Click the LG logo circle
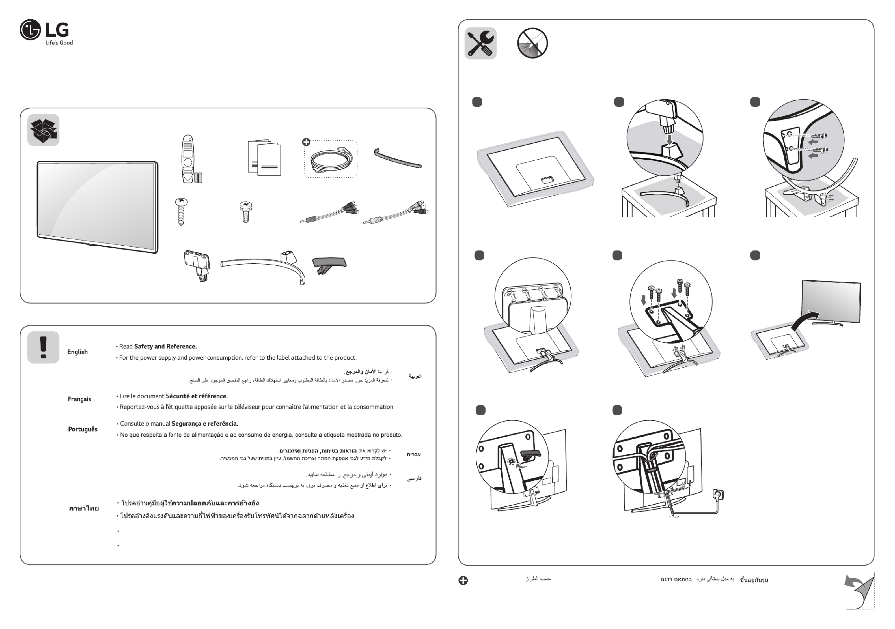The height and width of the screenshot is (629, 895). (x=30, y=30)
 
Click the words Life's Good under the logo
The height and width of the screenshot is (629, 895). (x=59, y=43)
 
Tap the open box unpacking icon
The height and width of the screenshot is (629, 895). (x=43, y=130)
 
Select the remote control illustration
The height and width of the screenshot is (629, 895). (x=188, y=159)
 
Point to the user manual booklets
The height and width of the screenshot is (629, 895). (x=264, y=158)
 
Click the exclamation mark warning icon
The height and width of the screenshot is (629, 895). (x=43, y=347)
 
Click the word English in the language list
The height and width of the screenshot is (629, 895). (x=77, y=352)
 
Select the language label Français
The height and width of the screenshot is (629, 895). (x=79, y=399)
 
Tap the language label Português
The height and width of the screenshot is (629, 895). (x=83, y=429)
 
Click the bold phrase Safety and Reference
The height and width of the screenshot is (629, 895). (x=165, y=347)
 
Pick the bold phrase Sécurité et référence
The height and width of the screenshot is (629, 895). (x=197, y=396)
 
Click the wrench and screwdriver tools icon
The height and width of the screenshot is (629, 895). (x=480, y=43)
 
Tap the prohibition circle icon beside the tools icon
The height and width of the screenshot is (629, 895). (x=532, y=43)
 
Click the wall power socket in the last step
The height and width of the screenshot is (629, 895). (x=718, y=495)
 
